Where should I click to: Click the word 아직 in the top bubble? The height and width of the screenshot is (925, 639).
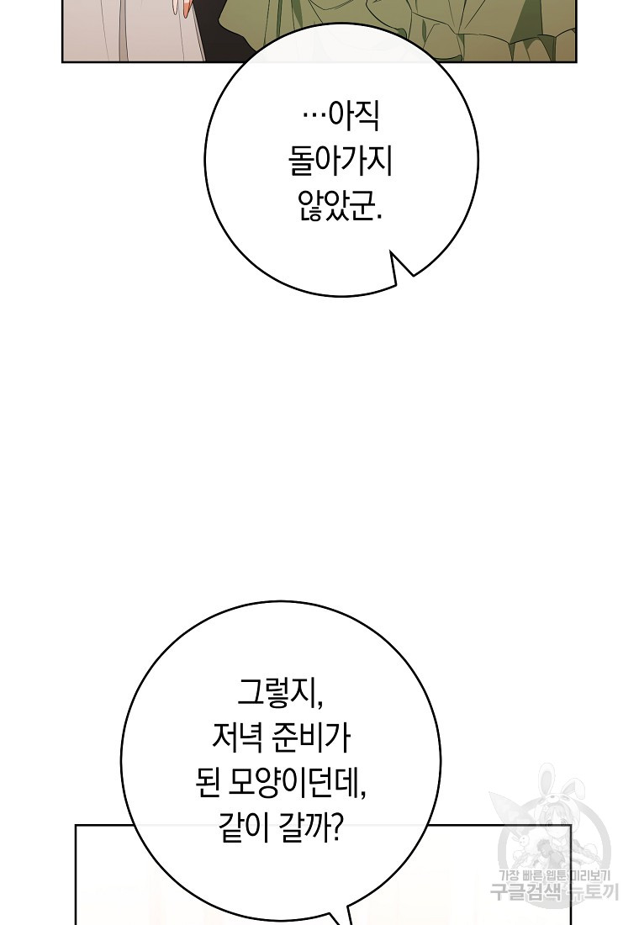pyautogui.click(x=353, y=117)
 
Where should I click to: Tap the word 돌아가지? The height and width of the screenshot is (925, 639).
pyautogui.click(x=341, y=161)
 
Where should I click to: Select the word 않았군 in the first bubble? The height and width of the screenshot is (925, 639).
pyautogui.click(x=334, y=206)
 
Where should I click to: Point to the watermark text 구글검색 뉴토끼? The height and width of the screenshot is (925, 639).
pyautogui.click(x=554, y=892)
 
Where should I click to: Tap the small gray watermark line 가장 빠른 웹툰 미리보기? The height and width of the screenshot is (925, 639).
pyautogui.click(x=557, y=875)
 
